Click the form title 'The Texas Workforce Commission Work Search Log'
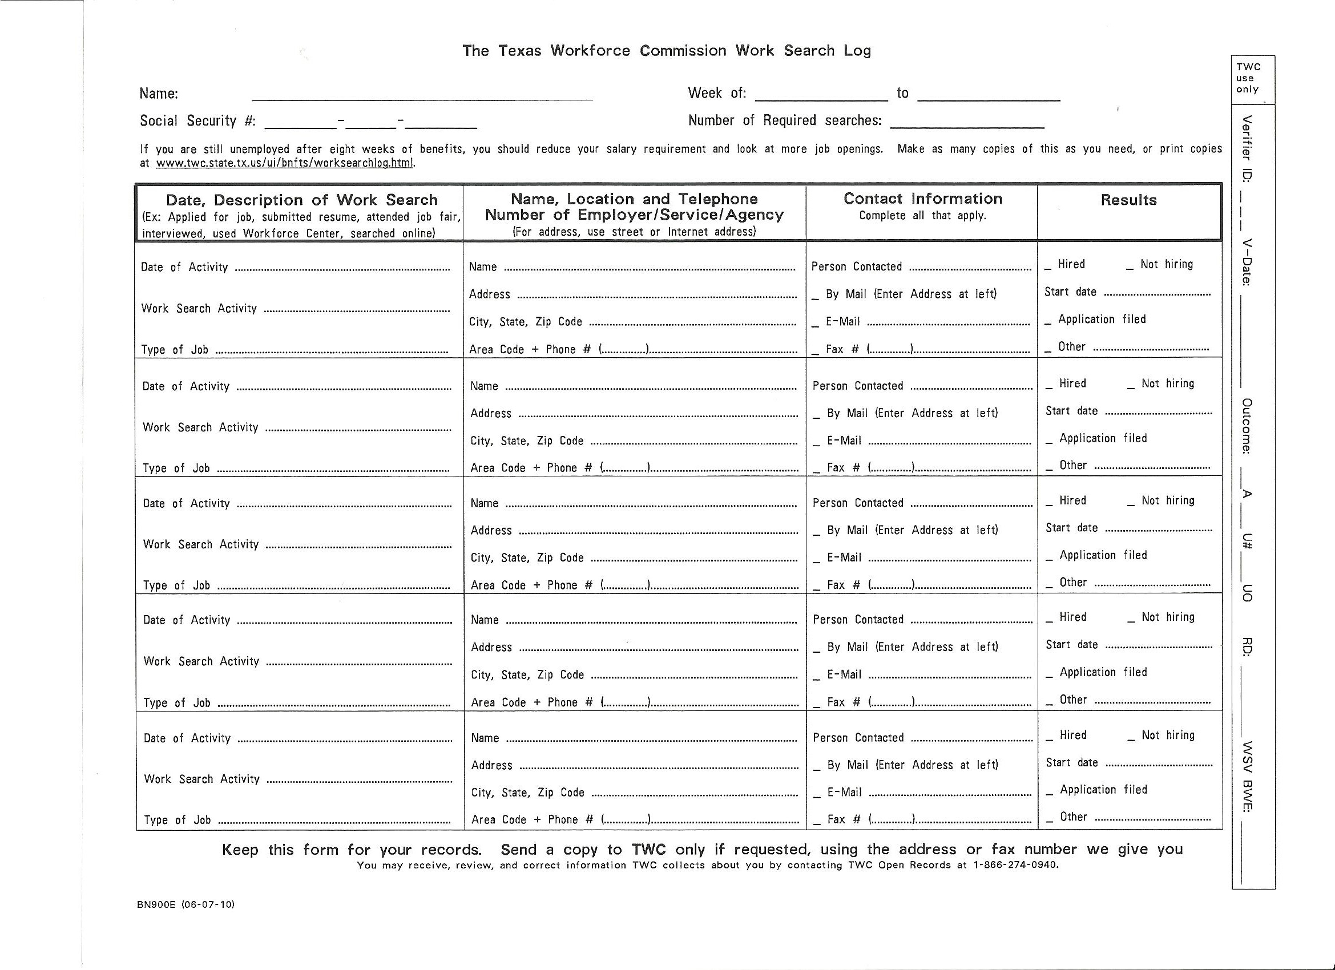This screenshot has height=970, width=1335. pos(666,51)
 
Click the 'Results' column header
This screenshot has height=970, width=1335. pos(1128,200)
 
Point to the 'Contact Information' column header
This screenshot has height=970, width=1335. pos(922,199)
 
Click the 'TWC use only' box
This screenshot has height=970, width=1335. pos(1248,78)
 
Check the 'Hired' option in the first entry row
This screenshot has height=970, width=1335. pos(1048,266)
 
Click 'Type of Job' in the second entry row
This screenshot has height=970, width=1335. pos(176,468)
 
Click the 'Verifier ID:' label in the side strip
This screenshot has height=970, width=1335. pos(1245,148)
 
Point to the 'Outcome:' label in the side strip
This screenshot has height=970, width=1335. pos(1246,426)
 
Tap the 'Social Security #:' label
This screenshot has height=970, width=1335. pos(198,121)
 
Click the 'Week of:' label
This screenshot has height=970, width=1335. pos(716,93)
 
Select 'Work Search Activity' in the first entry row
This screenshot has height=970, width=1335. pos(199,309)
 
